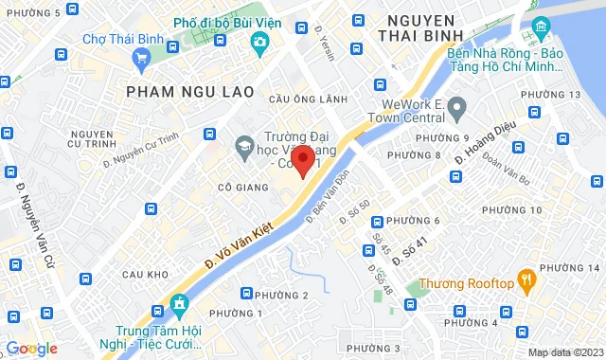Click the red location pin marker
(x=302, y=160)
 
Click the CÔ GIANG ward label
(x=239, y=188)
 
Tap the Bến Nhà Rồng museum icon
(x=540, y=26)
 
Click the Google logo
(x=32, y=349)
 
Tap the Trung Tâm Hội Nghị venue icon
(x=178, y=305)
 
